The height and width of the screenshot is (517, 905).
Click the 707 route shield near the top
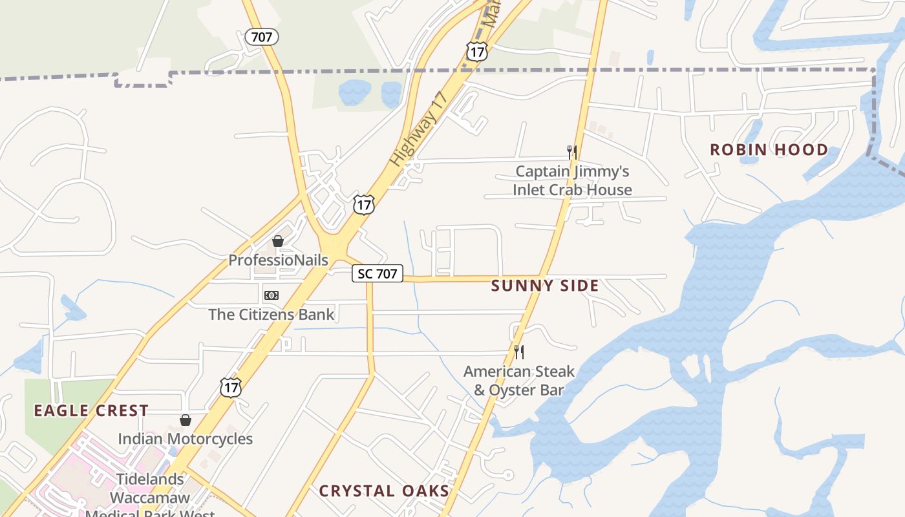[262, 37]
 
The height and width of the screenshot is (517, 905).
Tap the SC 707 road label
[378, 273]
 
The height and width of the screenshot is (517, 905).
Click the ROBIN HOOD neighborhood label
[769, 150]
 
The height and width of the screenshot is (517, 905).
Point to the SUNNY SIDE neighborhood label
[545, 286]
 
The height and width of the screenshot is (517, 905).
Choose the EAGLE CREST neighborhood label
[91, 411]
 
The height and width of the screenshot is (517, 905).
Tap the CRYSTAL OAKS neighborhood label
[384, 491]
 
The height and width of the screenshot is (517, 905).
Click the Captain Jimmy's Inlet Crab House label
[572, 181]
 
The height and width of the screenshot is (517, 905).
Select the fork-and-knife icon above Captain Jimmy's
[571, 153]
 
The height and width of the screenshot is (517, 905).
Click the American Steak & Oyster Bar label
[519, 381]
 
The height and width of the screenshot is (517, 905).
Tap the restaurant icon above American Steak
[518, 352]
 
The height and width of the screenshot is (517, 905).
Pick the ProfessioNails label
[279, 260]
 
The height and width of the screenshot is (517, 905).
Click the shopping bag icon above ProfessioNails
[278, 241]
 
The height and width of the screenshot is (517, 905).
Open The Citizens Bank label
[271, 315]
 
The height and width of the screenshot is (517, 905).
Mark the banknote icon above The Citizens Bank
[271, 295]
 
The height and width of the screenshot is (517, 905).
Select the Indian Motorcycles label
[185, 439]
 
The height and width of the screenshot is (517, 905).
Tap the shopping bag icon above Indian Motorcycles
[186, 420]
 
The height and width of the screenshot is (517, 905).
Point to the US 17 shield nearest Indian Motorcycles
[230, 387]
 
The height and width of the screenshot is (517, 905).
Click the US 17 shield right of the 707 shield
[476, 51]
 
